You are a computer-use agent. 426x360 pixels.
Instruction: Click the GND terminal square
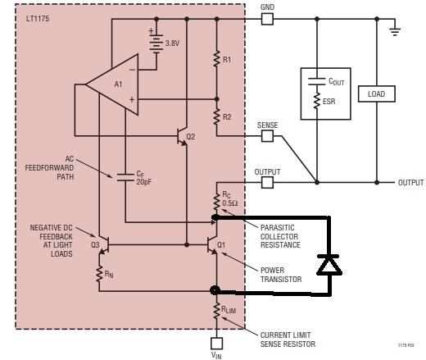click(267, 19)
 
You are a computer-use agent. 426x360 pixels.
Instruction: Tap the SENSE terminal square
click(267, 136)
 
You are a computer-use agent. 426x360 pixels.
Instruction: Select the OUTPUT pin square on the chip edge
click(267, 182)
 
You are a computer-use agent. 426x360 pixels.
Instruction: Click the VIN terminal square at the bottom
click(216, 344)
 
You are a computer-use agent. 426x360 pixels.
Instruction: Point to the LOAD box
click(377, 94)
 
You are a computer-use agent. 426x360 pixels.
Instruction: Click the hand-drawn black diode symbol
click(329, 264)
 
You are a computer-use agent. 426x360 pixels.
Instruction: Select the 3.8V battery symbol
click(156, 43)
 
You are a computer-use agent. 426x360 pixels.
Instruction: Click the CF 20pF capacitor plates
click(125, 177)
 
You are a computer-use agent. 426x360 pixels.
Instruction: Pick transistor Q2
click(183, 136)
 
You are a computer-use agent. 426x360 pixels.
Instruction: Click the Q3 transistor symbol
click(104, 245)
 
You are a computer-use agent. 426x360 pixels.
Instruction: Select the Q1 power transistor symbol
click(211, 245)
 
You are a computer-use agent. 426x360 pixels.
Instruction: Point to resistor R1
click(216, 58)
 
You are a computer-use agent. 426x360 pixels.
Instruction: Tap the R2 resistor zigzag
click(216, 116)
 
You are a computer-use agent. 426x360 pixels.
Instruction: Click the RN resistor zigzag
click(99, 273)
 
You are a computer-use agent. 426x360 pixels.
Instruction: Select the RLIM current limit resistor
click(216, 311)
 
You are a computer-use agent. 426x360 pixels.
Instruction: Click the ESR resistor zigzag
click(317, 101)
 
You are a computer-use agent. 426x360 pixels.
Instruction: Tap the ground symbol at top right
click(395, 31)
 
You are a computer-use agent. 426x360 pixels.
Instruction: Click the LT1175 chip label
click(38, 19)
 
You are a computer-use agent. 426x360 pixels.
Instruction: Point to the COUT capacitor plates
click(317, 81)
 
